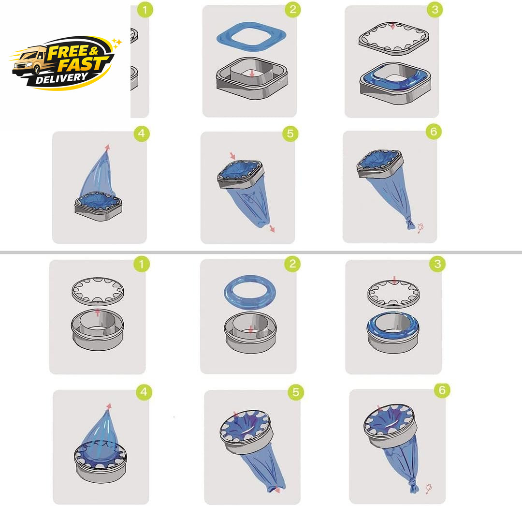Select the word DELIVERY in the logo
point(61,79)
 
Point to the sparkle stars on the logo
point(117,43)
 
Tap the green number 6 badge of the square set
point(434,132)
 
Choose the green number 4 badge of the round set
point(144,392)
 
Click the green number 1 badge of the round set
point(142,264)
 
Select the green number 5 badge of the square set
point(290,134)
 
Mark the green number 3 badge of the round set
point(437,264)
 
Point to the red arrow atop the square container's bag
point(107,148)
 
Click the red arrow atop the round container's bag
point(109,406)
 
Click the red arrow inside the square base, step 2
point(252,73)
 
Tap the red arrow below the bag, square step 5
point(272,228)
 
